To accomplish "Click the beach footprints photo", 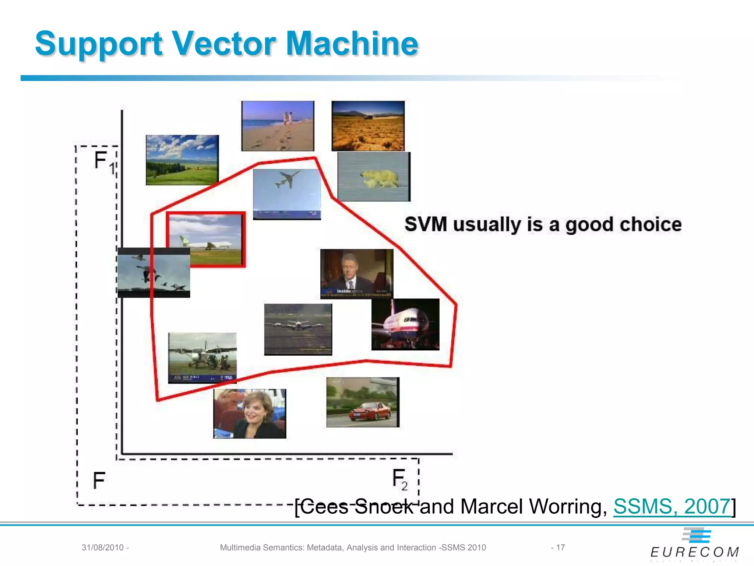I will [278, 126].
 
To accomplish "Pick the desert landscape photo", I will [368, 126].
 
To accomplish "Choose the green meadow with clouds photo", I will [182, 160].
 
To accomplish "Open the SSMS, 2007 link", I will [672, 506].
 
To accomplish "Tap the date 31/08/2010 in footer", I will [103, 548].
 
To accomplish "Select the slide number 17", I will [560, 548].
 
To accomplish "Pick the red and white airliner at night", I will [405, 324].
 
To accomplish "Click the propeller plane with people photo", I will [202, 357].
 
